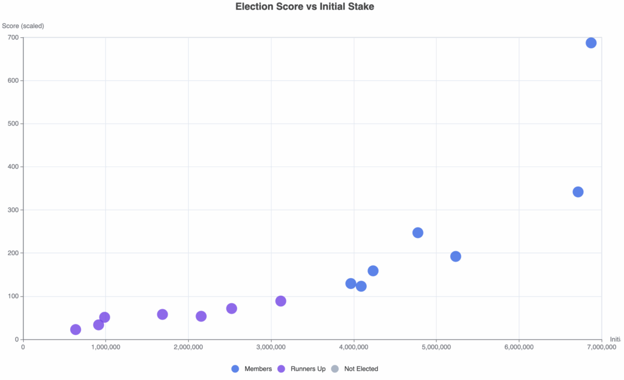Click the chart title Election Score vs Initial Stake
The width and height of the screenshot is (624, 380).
point(305,7)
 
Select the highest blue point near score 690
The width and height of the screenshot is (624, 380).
point(590,43)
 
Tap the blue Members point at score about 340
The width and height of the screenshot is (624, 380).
point(578,192)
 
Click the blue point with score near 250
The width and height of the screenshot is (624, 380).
point(417,233)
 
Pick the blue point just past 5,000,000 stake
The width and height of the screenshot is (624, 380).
point(455,256)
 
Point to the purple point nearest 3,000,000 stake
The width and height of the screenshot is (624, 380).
point(280,301)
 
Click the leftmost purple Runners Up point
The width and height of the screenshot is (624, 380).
point(76,330)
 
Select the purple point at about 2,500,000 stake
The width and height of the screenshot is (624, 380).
point(232,309)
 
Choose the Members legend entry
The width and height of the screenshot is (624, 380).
point(252,369)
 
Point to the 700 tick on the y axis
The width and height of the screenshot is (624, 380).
point(13,38)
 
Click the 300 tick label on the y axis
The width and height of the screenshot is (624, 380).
point(13,210)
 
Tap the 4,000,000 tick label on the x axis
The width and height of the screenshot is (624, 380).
point(353,347)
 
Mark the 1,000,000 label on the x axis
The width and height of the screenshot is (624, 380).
point(105,347)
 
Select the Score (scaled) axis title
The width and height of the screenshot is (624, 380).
point(23,26)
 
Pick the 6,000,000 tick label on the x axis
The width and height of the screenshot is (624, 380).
point(519,347)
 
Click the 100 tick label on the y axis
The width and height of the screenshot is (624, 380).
point(13,296)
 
